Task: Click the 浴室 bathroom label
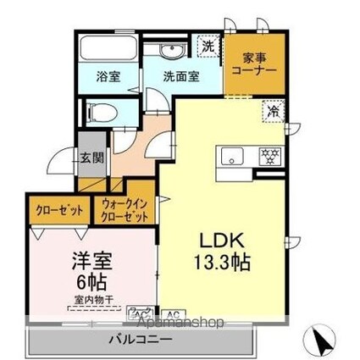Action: pos(108,75)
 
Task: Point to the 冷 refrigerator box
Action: pos(274,110)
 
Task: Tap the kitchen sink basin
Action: pos(231,157)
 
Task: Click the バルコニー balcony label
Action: pos(141,341)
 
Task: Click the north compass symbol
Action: pos(321,340)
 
